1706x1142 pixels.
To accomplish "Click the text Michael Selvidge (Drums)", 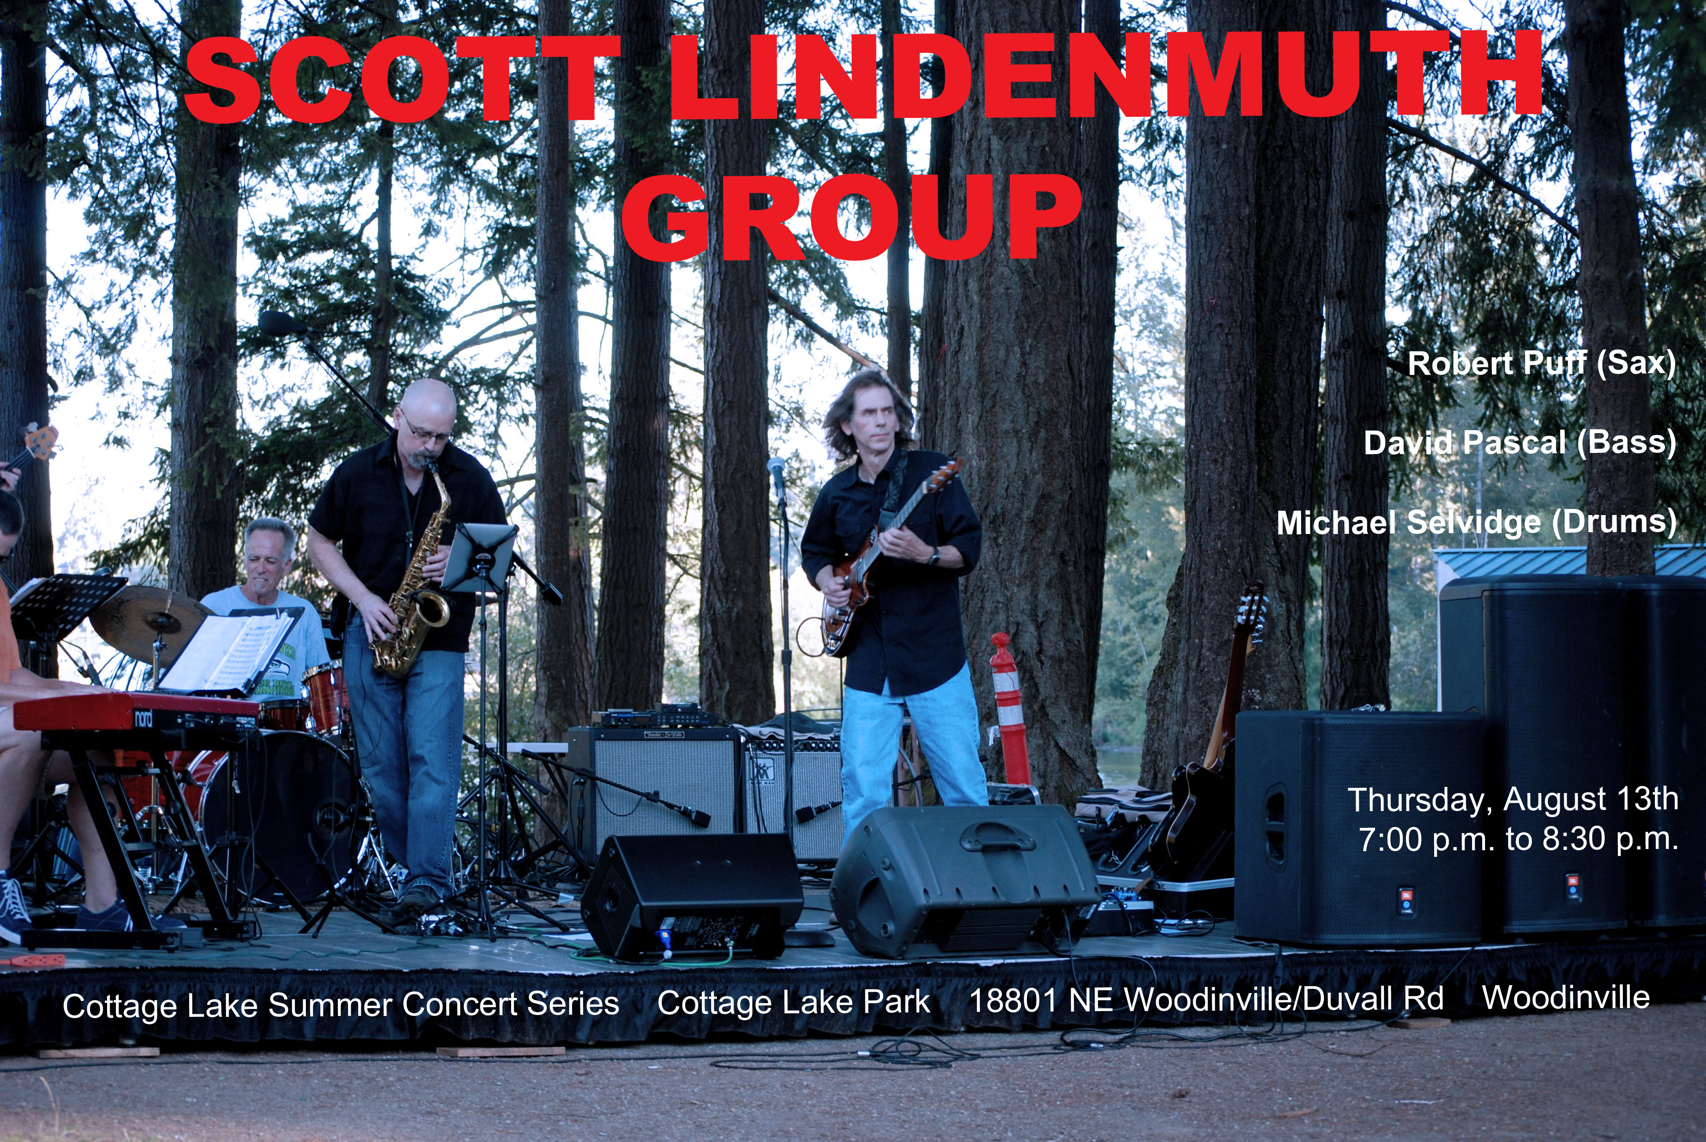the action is (1476, 522).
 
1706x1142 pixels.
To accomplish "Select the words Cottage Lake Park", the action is (794, 1003).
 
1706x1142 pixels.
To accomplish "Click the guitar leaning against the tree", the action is (1209, 736).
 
